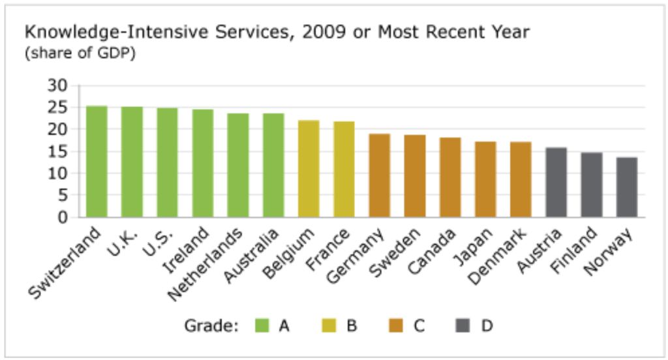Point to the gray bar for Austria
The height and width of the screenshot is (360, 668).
click(556, 182)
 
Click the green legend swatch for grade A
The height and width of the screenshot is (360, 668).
click(262, 325)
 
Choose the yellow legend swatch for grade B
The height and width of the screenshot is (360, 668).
click(330, 325)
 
